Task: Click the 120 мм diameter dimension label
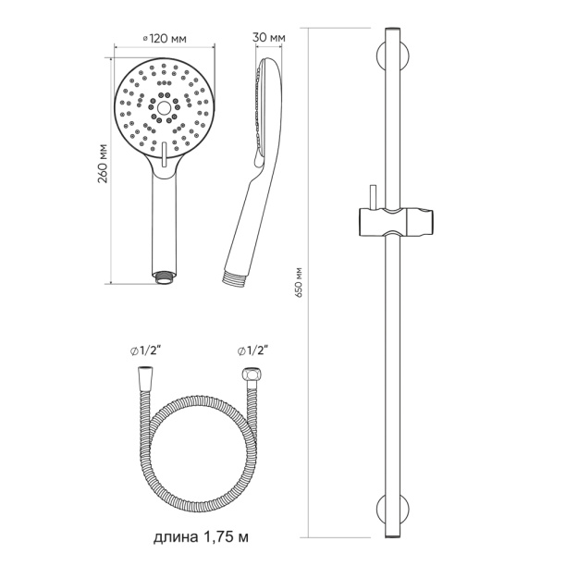165,38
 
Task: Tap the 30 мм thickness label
269,37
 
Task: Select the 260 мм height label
104,164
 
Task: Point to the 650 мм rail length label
298,283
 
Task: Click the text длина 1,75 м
201,537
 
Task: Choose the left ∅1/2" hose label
145,351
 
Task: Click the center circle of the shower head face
165,107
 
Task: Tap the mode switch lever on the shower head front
165,154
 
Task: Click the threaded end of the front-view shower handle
165,278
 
